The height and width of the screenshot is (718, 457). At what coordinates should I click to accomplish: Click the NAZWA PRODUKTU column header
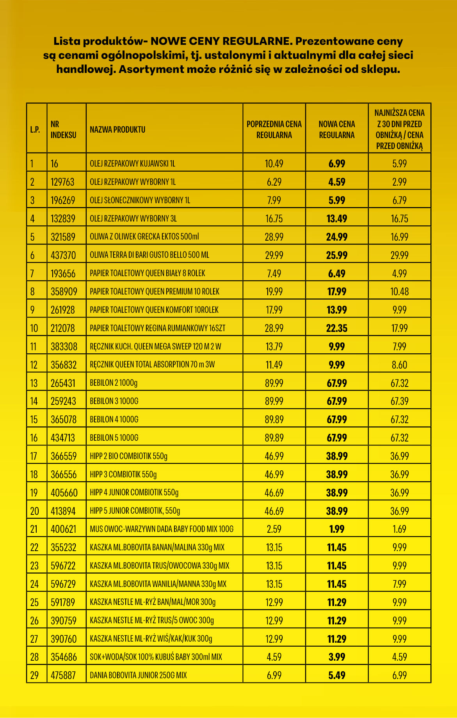(x=117, y=129)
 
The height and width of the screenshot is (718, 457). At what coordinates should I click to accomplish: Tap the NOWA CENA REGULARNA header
(x=336, y=129)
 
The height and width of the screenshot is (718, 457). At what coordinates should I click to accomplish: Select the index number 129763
(x=62, y=182)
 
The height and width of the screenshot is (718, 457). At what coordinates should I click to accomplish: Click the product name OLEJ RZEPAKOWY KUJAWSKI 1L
(x=132, y=164)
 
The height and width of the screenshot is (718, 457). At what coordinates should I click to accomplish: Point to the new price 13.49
(x=336, y=219)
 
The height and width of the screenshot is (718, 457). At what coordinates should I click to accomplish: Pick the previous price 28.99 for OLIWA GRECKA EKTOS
(x=274, y=237)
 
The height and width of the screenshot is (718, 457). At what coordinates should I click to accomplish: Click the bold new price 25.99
(x=336, y=255)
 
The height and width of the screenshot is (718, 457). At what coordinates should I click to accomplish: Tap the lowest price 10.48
(x=399, y=292)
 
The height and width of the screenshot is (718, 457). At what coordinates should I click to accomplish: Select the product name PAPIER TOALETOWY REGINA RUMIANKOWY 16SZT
(x=157, y=328)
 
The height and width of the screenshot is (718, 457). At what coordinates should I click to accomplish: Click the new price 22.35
(x=336, y=328)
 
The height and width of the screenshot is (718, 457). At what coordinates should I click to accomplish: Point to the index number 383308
(x=64, y=347)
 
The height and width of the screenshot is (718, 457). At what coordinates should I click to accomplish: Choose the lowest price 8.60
(x=399, y=365)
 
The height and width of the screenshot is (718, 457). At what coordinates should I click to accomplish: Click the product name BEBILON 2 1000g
(x=114, y=383)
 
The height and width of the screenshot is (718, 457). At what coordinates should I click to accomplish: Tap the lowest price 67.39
(x=399, y=401)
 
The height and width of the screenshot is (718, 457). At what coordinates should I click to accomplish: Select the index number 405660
(x=64, y=493)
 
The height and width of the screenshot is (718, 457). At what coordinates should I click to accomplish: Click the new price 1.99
(x=336, y=529)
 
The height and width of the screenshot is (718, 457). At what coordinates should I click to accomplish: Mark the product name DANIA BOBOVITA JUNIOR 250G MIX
(x=138, y=675)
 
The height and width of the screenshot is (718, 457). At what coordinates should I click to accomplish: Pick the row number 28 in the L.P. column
(x=34, y=657)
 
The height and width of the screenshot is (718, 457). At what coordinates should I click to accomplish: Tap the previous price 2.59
(x=274, y=529)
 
